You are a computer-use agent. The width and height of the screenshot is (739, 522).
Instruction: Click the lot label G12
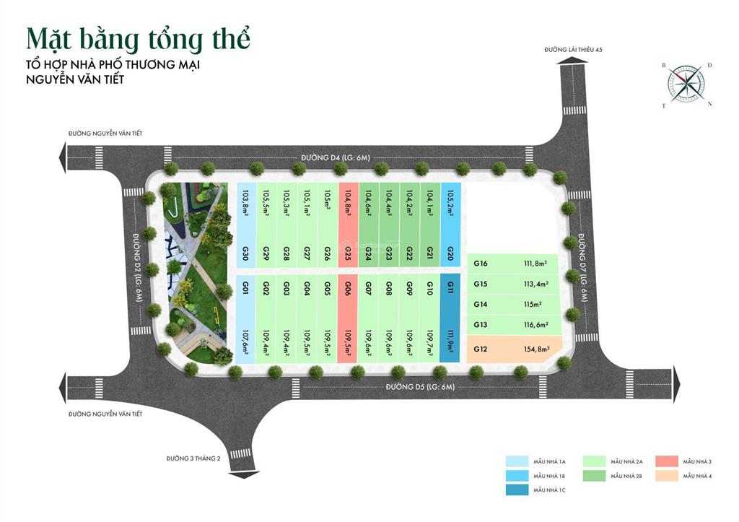pos(481,349)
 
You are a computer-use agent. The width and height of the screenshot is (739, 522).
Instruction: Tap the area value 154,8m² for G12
pos(537,349)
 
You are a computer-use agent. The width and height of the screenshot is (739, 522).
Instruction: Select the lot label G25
pos(348,253)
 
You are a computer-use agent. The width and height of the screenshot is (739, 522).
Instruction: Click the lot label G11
pos(450,287)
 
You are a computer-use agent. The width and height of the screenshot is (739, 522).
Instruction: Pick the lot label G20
pos(450,253)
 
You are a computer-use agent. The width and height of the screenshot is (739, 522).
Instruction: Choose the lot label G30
pos(246,253)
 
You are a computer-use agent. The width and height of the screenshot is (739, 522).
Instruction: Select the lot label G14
pos(481,305)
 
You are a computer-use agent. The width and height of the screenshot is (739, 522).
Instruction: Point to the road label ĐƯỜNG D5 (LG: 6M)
pos(419,388)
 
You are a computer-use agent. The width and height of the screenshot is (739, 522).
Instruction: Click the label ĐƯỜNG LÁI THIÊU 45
pos(574,49)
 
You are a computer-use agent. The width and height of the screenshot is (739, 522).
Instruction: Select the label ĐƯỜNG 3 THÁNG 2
pos(193,458)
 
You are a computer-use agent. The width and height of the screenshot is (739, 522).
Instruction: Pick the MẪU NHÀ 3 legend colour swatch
pos(667,461)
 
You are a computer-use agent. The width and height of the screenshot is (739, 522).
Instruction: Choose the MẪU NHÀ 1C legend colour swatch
pos(516,490)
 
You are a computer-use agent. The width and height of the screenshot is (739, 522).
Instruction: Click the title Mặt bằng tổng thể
pos(138,39)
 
